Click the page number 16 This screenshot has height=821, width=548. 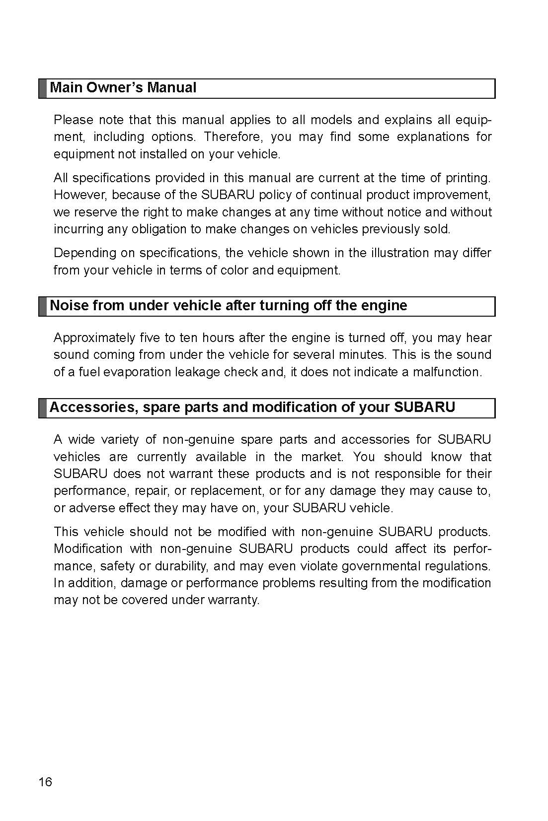(x=45, y=782)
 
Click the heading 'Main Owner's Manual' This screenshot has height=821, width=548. (x=123, y=88)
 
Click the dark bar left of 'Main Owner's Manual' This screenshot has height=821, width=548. (x=43, y=88)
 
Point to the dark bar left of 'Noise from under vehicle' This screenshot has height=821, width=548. (x=43, y=306)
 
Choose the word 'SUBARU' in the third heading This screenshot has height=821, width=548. (x=424, y=408)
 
